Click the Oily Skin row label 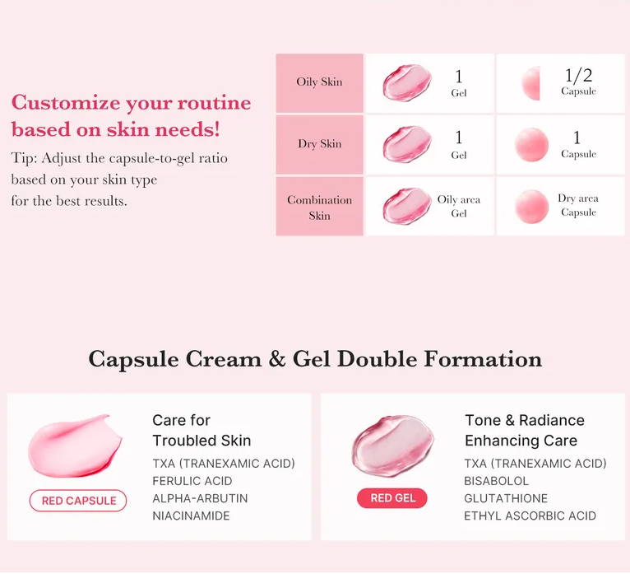tap(319, 82)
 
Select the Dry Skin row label tap(319, 144)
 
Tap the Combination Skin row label tap(319, 207)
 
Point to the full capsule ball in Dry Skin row tap(531, 145)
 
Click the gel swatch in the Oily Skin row tap(406, 83)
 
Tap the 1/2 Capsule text tap(578, 82)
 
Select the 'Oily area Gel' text tap(459, 206)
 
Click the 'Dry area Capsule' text tap(578, 205)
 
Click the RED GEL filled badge tap(392, 498)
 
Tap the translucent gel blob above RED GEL tap(392, 446)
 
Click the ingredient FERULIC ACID tap(192, 481)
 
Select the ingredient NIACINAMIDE tap(191, 516)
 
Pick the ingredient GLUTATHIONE tap(506, 498)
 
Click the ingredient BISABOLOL tap(497, 481)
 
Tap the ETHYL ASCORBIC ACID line tap(530, 516)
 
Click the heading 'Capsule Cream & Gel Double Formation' tap(315, 359)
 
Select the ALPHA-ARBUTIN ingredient tap(200, 498)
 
